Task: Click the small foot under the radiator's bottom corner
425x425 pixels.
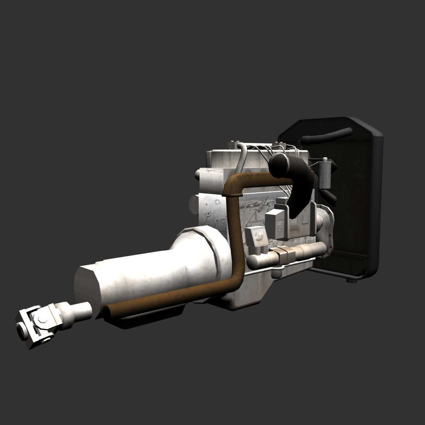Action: [x=351, y=281]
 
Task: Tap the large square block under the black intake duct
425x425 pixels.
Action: [x=275, y=222]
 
